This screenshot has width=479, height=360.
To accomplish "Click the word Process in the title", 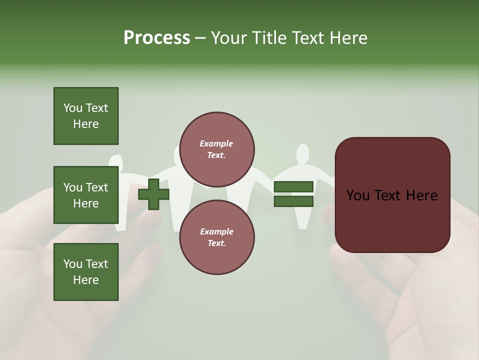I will tap(157, 38).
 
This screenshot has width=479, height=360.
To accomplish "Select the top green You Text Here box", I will tap(86, 116).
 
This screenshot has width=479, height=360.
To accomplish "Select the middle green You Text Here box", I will tap(86, 195).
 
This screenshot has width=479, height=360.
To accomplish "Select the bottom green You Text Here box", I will tap(86, 272).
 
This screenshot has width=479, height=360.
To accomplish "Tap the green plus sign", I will tap(154, 194).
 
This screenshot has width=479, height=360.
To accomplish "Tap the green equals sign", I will tap(293, 194).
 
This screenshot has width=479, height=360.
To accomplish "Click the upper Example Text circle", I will tap(217, 149).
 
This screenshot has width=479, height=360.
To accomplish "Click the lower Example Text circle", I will tap(217, 237).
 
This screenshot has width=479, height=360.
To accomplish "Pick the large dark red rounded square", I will tap(392, 195).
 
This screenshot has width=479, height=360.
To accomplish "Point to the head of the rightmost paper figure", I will tap(301, 153).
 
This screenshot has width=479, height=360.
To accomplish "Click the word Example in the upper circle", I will tap(216, 144).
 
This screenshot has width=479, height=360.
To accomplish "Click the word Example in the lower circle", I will tap(216, 231).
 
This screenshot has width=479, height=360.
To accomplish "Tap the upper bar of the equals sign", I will tap(293, 187).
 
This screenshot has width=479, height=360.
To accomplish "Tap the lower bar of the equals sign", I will tap(293, 201).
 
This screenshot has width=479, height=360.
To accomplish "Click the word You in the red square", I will tap(358, 195).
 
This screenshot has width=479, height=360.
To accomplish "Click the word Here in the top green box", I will tap(86, 124).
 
